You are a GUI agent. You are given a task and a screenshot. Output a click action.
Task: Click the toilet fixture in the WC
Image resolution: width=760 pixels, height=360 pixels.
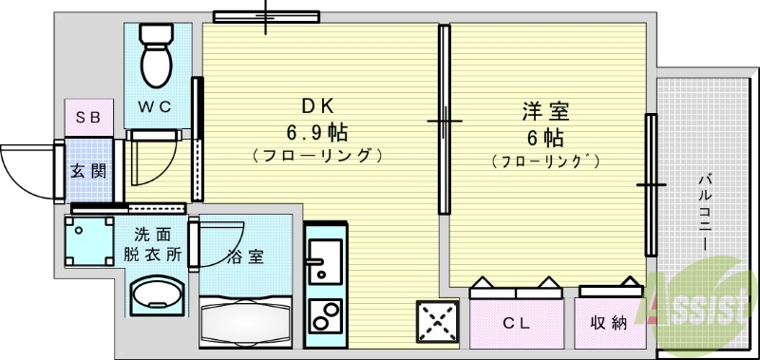pos(154,52)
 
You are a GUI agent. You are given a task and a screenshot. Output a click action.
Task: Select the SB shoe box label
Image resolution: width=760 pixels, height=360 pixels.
pos(88,118)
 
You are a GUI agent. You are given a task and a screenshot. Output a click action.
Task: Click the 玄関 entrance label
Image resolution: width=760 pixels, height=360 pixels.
pos(86,172)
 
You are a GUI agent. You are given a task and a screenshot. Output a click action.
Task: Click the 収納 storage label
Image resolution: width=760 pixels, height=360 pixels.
pos(609,323)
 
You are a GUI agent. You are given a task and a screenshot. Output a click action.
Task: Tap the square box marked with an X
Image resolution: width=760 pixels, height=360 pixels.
pos(437,323)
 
